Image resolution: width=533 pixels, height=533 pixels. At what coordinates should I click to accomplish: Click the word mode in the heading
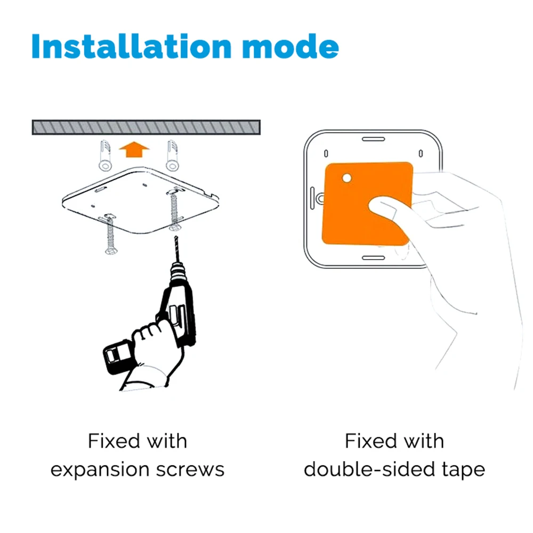click(290, 46)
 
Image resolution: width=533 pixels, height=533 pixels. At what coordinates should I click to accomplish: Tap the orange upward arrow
click(134, 149)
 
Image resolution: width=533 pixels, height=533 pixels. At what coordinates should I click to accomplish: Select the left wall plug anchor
click(105, 155)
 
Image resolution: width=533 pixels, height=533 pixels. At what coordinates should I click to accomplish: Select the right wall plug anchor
click(172, 155)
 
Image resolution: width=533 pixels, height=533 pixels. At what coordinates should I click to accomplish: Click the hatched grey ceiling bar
click(146, 127)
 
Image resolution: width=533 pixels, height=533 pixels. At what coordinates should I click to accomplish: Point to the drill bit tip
click(176, 237)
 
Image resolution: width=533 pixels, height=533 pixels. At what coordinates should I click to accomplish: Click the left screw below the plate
click(110, 235)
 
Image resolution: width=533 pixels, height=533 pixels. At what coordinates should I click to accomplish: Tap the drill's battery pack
click(117, 357)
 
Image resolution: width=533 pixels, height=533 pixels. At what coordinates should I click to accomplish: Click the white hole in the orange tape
click(347, 178)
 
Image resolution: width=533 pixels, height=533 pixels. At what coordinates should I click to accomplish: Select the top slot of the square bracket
click(373, 139)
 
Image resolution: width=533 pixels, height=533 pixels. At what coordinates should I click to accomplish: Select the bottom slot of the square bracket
click(373, 258)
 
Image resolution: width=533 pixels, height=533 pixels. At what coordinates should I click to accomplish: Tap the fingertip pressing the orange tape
click(377, 206)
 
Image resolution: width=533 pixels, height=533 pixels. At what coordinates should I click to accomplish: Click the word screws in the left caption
click(190, 470)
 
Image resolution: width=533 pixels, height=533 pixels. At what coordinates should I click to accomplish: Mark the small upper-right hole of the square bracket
click(421, 154)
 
